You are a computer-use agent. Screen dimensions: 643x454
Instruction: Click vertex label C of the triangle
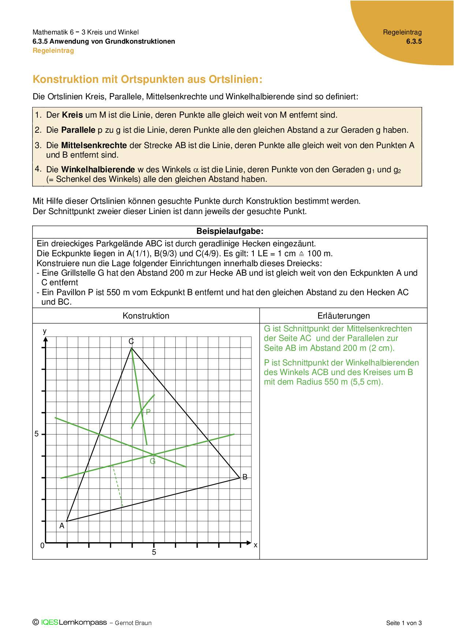(131, 341)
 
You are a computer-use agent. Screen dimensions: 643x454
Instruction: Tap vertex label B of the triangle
(245, 477)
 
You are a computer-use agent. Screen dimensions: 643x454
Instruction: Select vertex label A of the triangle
(62, 526)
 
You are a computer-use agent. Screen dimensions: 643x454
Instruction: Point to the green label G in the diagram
(153, 461)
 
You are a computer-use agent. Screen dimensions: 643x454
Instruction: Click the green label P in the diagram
(148, 412)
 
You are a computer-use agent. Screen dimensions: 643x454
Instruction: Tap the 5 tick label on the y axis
(36, 434)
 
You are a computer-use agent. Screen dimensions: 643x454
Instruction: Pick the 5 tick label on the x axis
(154, 552)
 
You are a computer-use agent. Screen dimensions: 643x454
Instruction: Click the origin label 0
(42, 545)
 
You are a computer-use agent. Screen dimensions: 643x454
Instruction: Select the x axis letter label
(256, 545)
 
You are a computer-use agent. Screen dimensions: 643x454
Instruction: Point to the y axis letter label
(45, 331)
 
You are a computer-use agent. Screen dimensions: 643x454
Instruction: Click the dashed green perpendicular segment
(118, 486)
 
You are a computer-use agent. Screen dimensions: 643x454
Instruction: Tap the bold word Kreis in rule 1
(72, 115)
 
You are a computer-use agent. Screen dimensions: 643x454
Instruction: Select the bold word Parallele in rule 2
(78, 130)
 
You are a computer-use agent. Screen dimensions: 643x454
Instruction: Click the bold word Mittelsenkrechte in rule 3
(94, 146)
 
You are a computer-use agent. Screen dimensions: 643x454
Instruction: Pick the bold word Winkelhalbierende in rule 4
(98, 170)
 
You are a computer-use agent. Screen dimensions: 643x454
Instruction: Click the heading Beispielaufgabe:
(230, 231)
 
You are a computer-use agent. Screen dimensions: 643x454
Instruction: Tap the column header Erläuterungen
(343, 316)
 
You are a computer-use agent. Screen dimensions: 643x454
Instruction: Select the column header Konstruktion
(146, 316)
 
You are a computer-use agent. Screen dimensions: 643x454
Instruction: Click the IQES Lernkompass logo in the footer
(70, 622)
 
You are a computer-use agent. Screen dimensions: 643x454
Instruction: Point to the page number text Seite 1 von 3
(404, 623)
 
